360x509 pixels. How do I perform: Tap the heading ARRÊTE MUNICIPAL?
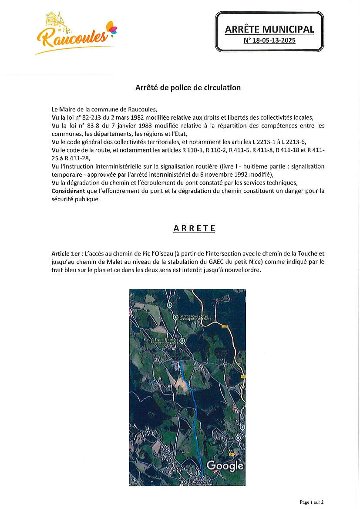tap(269, 29)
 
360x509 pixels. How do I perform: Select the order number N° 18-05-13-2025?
tap(269, 41)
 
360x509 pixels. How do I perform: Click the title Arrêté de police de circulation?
tap(188, 88)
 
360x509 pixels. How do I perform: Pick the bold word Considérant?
tap(68, 191)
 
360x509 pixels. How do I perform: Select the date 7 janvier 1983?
tap(134, 126)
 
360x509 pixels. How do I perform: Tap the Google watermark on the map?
tap(225, 465)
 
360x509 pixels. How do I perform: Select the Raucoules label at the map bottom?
tap(201, 482)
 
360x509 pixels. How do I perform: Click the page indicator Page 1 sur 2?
tap(312, 502)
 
